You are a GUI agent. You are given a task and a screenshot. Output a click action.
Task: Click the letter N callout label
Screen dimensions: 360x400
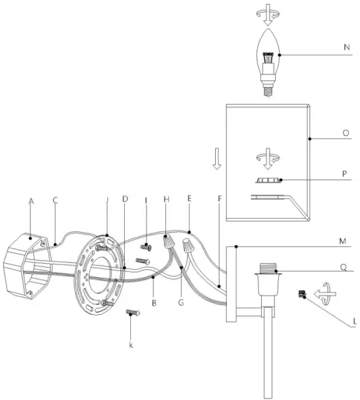click(347, 47)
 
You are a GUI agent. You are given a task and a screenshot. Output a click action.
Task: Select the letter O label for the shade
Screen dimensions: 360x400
click(345, 133)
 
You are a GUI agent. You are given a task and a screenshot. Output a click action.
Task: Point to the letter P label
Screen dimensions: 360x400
click(345, 174)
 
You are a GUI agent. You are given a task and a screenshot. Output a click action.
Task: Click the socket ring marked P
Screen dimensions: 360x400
click(268, 180)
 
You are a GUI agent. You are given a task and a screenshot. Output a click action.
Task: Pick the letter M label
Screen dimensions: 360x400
click(343, 241)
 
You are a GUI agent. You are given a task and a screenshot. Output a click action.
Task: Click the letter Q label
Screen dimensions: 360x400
click(343, 268)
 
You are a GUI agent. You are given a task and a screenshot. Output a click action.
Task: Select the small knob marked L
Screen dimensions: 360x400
click(302, 294)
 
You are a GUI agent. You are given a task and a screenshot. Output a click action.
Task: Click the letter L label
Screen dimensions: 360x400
click(354, 322)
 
